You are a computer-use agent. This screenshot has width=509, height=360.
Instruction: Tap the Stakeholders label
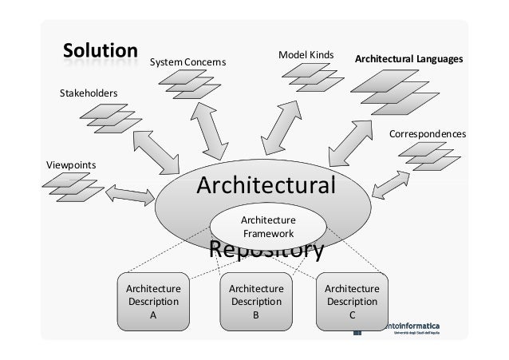(x=89, y=93)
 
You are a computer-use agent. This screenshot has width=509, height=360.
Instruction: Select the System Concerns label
(x=189, y=61)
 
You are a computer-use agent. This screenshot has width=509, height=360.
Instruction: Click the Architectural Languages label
(x=408, y=60)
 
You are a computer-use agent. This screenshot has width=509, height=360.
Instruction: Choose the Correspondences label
(x=427, y=134)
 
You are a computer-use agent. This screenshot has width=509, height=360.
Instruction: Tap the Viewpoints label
(x=69, y=164)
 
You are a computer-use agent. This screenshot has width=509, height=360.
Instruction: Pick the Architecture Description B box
(x=255, y=302)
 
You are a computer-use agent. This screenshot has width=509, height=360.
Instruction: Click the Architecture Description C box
(x=352, y=302)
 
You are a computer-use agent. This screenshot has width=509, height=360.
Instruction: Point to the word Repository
(x=266, y=251)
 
